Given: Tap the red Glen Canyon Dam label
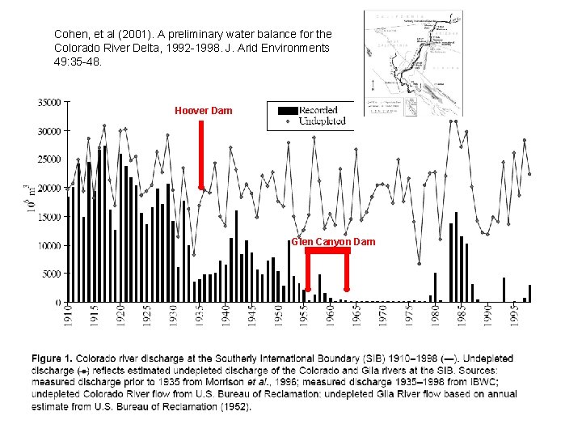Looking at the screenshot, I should coord(333,242).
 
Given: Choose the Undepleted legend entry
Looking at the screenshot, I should coord(322,121).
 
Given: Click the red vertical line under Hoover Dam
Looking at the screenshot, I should coord(200,154).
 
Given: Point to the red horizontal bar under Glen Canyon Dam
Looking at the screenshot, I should coord(327,251).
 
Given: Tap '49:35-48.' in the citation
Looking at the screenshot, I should coord(78,61).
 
